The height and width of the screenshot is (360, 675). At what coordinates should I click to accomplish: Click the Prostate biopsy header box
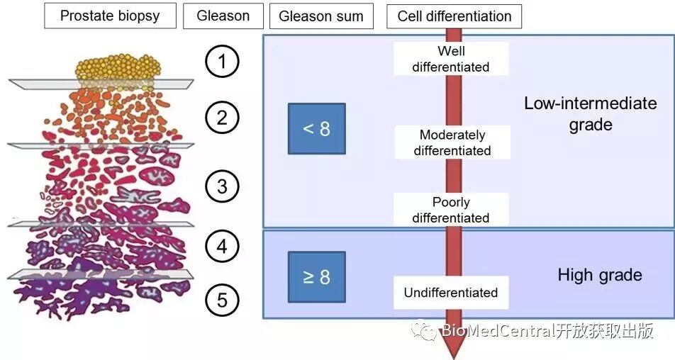point(110,16)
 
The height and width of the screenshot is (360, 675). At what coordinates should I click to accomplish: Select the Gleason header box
point(223,16)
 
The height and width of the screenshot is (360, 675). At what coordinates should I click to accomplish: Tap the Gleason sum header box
point(321,16)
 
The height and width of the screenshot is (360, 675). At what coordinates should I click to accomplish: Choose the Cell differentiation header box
point(454,16)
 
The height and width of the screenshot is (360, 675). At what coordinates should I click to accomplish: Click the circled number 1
point(222,62)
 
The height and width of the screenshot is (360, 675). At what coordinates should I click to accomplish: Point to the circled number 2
point(222,117)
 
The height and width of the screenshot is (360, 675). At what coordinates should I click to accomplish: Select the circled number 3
point(222,186)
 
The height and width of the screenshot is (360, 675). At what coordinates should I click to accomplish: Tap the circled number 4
point(222,247)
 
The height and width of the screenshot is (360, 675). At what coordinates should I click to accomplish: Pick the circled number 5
point(222,300)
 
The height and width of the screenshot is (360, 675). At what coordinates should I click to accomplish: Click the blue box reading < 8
point(316,129)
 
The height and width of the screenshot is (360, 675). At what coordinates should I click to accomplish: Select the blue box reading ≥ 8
point(316,276)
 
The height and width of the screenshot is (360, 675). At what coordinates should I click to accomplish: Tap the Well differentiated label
point(451,59)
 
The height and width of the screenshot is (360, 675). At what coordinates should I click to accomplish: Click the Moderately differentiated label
point(452,142)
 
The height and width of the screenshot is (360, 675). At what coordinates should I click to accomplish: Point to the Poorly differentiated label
point(451,210)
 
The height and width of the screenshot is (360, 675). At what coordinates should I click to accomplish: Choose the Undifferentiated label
point(451,293)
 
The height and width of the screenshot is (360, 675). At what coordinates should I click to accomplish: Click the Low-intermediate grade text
point(590,113)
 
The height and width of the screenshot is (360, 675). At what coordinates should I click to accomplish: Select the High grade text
point(600,275)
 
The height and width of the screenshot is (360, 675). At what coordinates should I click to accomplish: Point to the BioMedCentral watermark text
point(546,331)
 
